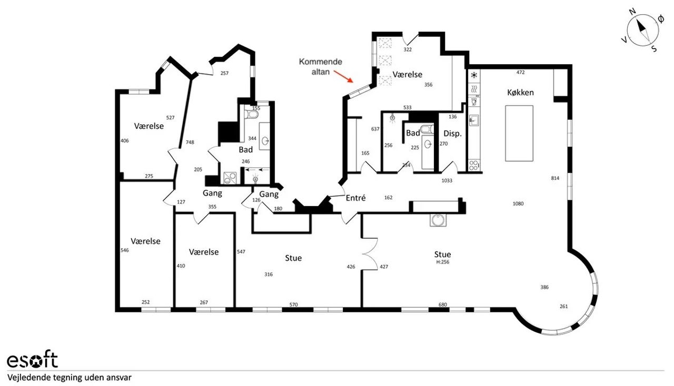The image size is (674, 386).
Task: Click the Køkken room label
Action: [521, 93]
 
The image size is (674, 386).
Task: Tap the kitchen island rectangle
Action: [519, 133]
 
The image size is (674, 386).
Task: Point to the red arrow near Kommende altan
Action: [343, 76]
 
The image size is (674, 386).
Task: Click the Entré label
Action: [355, 198]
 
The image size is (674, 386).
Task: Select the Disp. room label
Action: [452, 134]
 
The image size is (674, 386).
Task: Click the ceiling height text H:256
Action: [443, 262]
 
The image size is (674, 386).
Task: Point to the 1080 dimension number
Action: [518, 204]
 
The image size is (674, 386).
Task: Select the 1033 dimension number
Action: [447, 180]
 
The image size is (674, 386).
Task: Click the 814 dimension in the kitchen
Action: [555, 178]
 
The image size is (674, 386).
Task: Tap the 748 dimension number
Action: [190, 142]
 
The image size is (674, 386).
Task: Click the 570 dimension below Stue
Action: [293, 304]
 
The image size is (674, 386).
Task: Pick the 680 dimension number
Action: [443, 304]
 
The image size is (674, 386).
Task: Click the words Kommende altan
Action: [321, 66]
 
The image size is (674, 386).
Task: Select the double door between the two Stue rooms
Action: [370, 254]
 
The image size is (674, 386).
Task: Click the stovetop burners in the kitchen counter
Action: [473, 165]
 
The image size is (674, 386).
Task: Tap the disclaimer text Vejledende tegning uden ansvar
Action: [70, 377]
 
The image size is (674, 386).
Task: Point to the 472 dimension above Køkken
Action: [521, 72]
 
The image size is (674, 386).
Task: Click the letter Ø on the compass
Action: [661, 19]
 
